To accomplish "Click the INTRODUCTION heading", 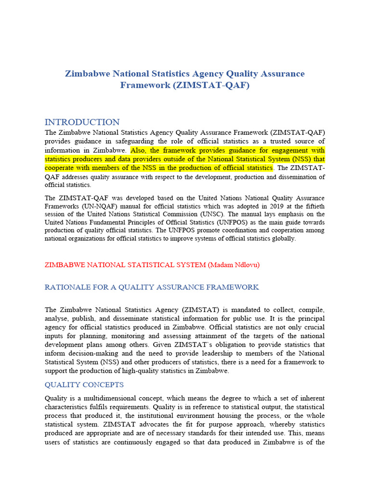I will click(82, 122).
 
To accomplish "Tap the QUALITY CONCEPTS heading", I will click(84, 385).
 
